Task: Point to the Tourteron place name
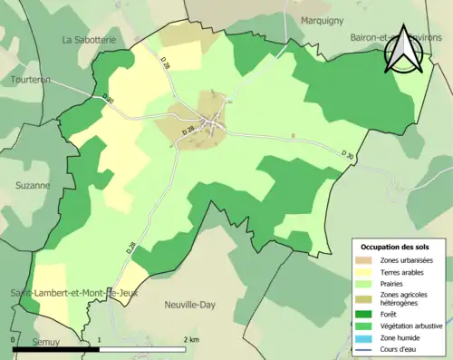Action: tap(30, 78)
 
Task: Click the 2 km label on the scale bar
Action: tap(189, 339)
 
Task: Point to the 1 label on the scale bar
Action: tap(99, 339)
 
